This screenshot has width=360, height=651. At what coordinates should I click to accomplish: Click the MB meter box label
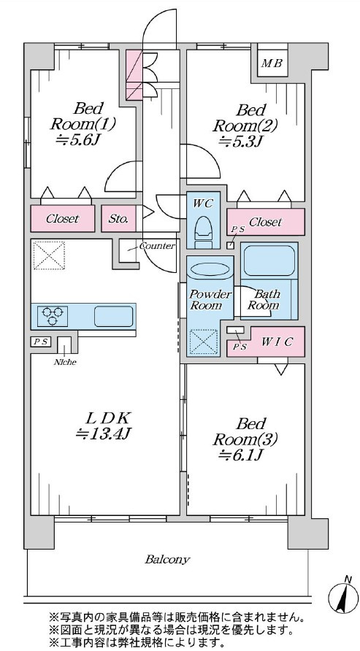coord(272,63)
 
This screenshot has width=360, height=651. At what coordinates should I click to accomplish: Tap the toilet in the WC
coord(204,233)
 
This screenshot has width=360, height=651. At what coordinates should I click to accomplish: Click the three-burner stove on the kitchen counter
coord(53,316)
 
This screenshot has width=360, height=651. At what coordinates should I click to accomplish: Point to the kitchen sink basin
coord(114,316)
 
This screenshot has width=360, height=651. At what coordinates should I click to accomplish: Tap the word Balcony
coord(167,559)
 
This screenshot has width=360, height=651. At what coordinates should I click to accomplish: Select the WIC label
coord(277,342)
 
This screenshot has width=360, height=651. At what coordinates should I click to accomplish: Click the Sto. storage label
coord(118,219)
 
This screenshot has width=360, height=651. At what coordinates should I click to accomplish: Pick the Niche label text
coord(65,361)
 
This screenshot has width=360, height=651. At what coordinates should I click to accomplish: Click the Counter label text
coord(157,246)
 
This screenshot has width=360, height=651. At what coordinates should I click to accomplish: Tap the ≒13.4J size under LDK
coord(104,434)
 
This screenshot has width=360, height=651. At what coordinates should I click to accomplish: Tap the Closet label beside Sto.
coord(62,219)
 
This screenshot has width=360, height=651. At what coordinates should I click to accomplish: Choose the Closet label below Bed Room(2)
coord(266,222)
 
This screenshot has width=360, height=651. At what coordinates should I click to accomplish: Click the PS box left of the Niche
coord(41,342)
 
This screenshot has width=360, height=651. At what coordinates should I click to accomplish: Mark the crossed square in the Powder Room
coord(203,342)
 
